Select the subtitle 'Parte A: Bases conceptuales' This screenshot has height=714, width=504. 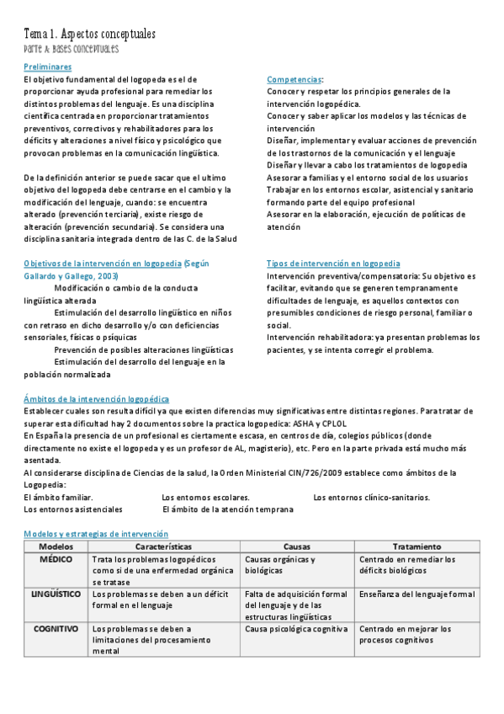[x=71, y=49]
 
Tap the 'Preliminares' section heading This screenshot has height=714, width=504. [x=47, y=67]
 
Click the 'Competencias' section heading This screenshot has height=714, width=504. [x=294, y=79]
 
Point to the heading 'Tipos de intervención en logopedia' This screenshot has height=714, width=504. [x=333, y=264]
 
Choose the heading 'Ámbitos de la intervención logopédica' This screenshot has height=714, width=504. [x=96, y=399]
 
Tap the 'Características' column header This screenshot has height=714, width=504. [x=163, y=546]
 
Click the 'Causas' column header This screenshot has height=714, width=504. [x=296, y=546]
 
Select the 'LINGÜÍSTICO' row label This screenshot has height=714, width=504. [x=56, y=594]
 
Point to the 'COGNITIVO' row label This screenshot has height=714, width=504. [x=56, y=628]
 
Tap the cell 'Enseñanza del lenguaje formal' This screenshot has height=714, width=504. [x=416, y=594]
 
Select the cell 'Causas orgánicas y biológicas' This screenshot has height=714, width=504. [x=279, y=564]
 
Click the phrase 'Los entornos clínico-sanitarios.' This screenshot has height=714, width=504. [x=371, y=497]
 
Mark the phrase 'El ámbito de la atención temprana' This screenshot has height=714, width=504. [x=228, y=509]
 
